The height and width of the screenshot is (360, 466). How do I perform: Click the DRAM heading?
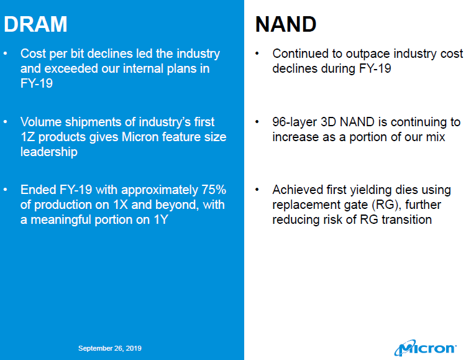coord(35,24)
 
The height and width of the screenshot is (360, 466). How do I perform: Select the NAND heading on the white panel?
coord(286,24)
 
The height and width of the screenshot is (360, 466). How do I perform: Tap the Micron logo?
coord(428,347)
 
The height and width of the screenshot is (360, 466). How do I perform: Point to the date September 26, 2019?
coord(110,348)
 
